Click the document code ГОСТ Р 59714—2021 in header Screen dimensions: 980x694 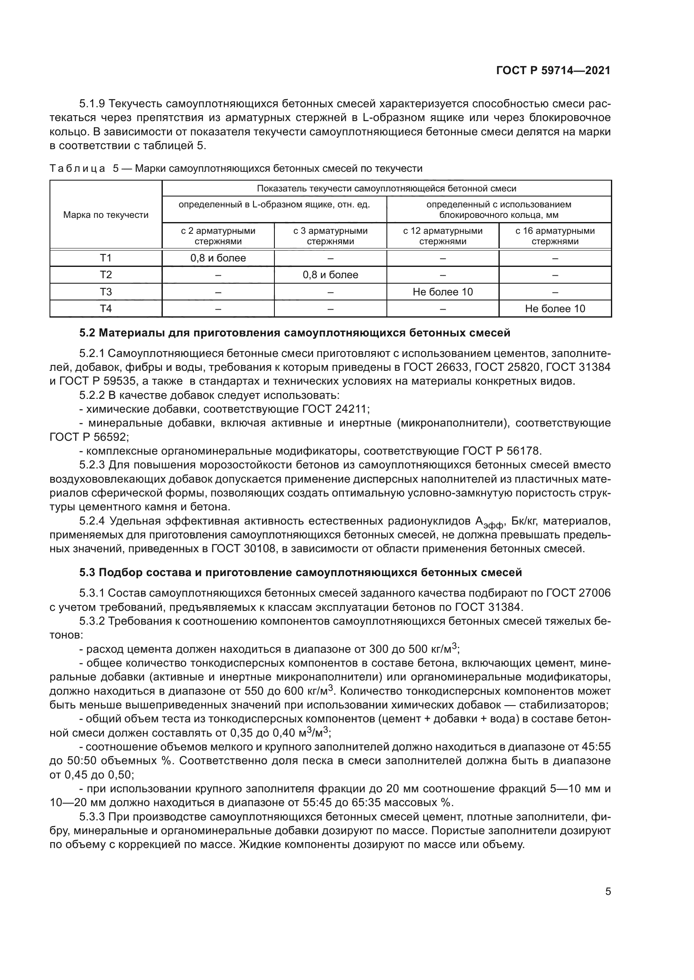tap(553, 71)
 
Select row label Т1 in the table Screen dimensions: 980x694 tap(106, 258)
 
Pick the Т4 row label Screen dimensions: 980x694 tap(106, 309)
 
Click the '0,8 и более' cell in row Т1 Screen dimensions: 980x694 tap(218, 258)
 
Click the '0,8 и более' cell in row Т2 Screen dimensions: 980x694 tap(330, 275)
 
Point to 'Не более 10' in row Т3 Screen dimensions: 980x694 tap(443, 292)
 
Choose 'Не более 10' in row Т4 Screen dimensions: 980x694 tap(555, 309)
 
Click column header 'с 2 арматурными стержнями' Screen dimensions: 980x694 tap(218, 236)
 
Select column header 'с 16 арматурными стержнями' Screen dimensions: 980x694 tap(555, 236)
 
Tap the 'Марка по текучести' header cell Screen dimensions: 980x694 tap(106, 215)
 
